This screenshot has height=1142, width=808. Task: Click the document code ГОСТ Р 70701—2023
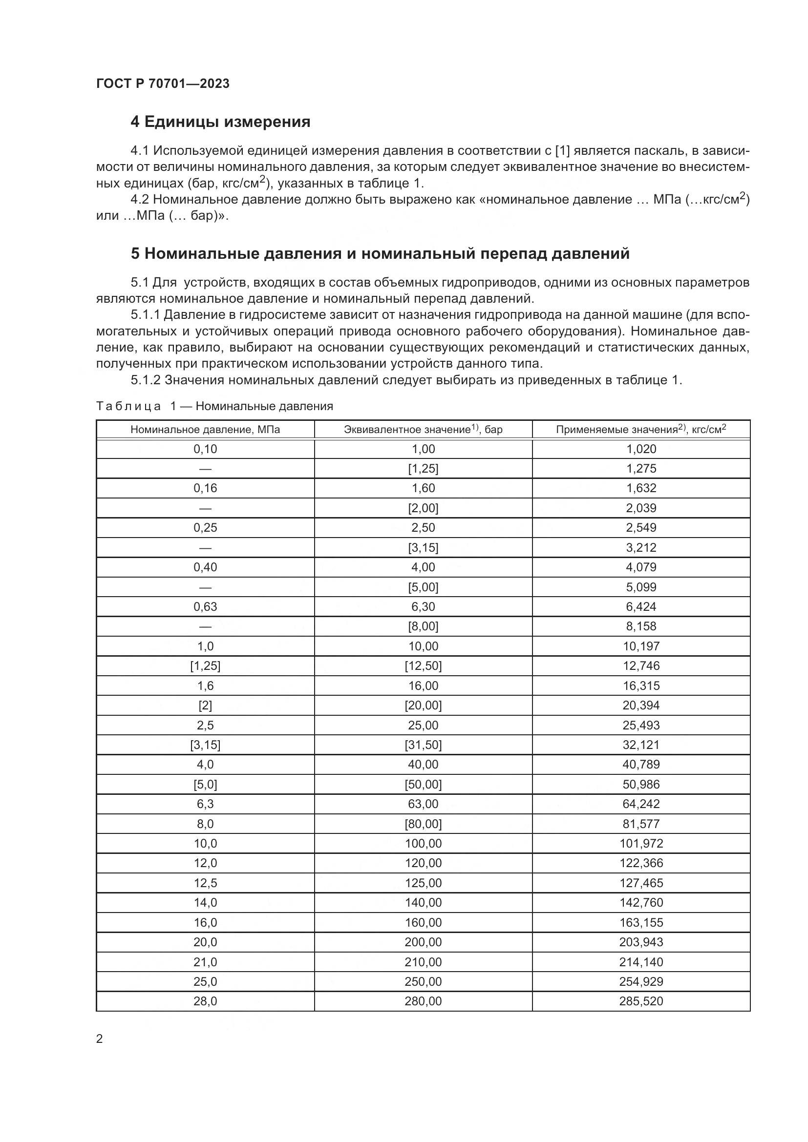pos(163,83)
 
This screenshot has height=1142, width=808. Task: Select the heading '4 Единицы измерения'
pos(220,122)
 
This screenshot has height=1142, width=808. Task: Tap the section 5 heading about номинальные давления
pos(380,254)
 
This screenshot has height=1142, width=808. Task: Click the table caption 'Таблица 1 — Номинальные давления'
pos(214,406)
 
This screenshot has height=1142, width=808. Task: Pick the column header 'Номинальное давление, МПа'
pos(205,429)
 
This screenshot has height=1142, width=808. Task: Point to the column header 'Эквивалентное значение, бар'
pos(423,429)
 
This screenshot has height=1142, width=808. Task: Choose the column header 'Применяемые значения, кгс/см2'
pos(641,429)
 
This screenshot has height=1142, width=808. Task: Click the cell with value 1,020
pos(641,449)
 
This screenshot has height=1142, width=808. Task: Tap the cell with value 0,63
pos(205,607)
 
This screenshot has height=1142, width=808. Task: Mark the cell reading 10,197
pos(641,646)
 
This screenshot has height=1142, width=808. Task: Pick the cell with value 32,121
pos(641,745)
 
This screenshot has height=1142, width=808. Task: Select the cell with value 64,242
pos(641,804)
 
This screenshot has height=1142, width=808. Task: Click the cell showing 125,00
pos(423,883)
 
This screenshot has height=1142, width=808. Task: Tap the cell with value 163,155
pos(641,923)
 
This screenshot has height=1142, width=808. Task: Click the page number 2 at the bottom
pos(100,1039)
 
